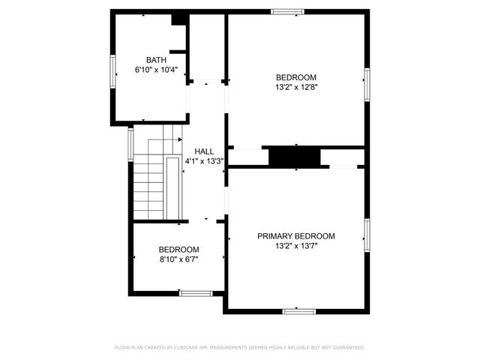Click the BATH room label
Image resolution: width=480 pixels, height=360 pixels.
[x=156, y=60]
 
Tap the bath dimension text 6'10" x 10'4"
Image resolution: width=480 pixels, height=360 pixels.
[x=156, y=70]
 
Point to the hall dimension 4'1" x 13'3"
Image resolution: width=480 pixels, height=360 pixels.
[x=204, y=160]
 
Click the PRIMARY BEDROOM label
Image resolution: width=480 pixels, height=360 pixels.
[x=296, y=235]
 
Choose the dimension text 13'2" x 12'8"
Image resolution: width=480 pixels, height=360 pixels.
[x=296, y=87]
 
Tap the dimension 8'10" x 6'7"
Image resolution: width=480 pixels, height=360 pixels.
[x=178, y=259]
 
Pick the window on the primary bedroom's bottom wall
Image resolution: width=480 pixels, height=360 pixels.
[x=297, y=310]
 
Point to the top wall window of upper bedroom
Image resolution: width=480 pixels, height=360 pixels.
[x=287, y=11]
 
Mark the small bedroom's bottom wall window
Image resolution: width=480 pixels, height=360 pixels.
[x=195, y=292]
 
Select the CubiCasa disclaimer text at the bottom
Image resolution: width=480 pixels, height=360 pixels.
[x=239, y=347]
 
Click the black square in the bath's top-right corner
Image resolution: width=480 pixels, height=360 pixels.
[x=178, y=19]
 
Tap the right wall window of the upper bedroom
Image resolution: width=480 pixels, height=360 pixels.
[x=367, y=83]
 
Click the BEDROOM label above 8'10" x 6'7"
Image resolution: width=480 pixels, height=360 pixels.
[x=178, y=250]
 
